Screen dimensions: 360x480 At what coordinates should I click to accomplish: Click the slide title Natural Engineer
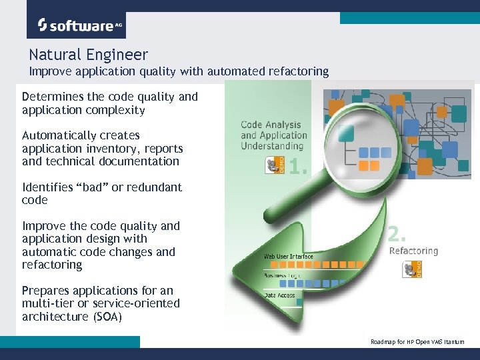pyautogui.click(x=88, y=55)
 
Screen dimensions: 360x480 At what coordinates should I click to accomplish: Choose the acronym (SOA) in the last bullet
pyautogui.click(x=105, y=317)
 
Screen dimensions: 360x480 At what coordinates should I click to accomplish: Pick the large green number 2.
pyautogui.click(x=397, y=233)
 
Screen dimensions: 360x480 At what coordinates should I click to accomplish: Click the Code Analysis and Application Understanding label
pyautogui.click(x=273, y=135)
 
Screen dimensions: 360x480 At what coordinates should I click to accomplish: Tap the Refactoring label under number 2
pyautogui.click(x=413, y=251)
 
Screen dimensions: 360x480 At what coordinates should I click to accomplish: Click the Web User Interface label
pyautogui.click(x=288, y=256)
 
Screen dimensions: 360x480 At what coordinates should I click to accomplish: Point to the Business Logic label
pyautogui.click(x=283, y=275)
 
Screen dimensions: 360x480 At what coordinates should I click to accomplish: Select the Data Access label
pyautogui.click(x=279, y=295)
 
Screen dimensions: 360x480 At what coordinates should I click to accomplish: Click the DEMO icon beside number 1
pyautogui.click(x=275, y=165)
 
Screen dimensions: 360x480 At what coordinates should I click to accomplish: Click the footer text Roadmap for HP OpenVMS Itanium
pyautogui.click(x=417, y=342)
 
